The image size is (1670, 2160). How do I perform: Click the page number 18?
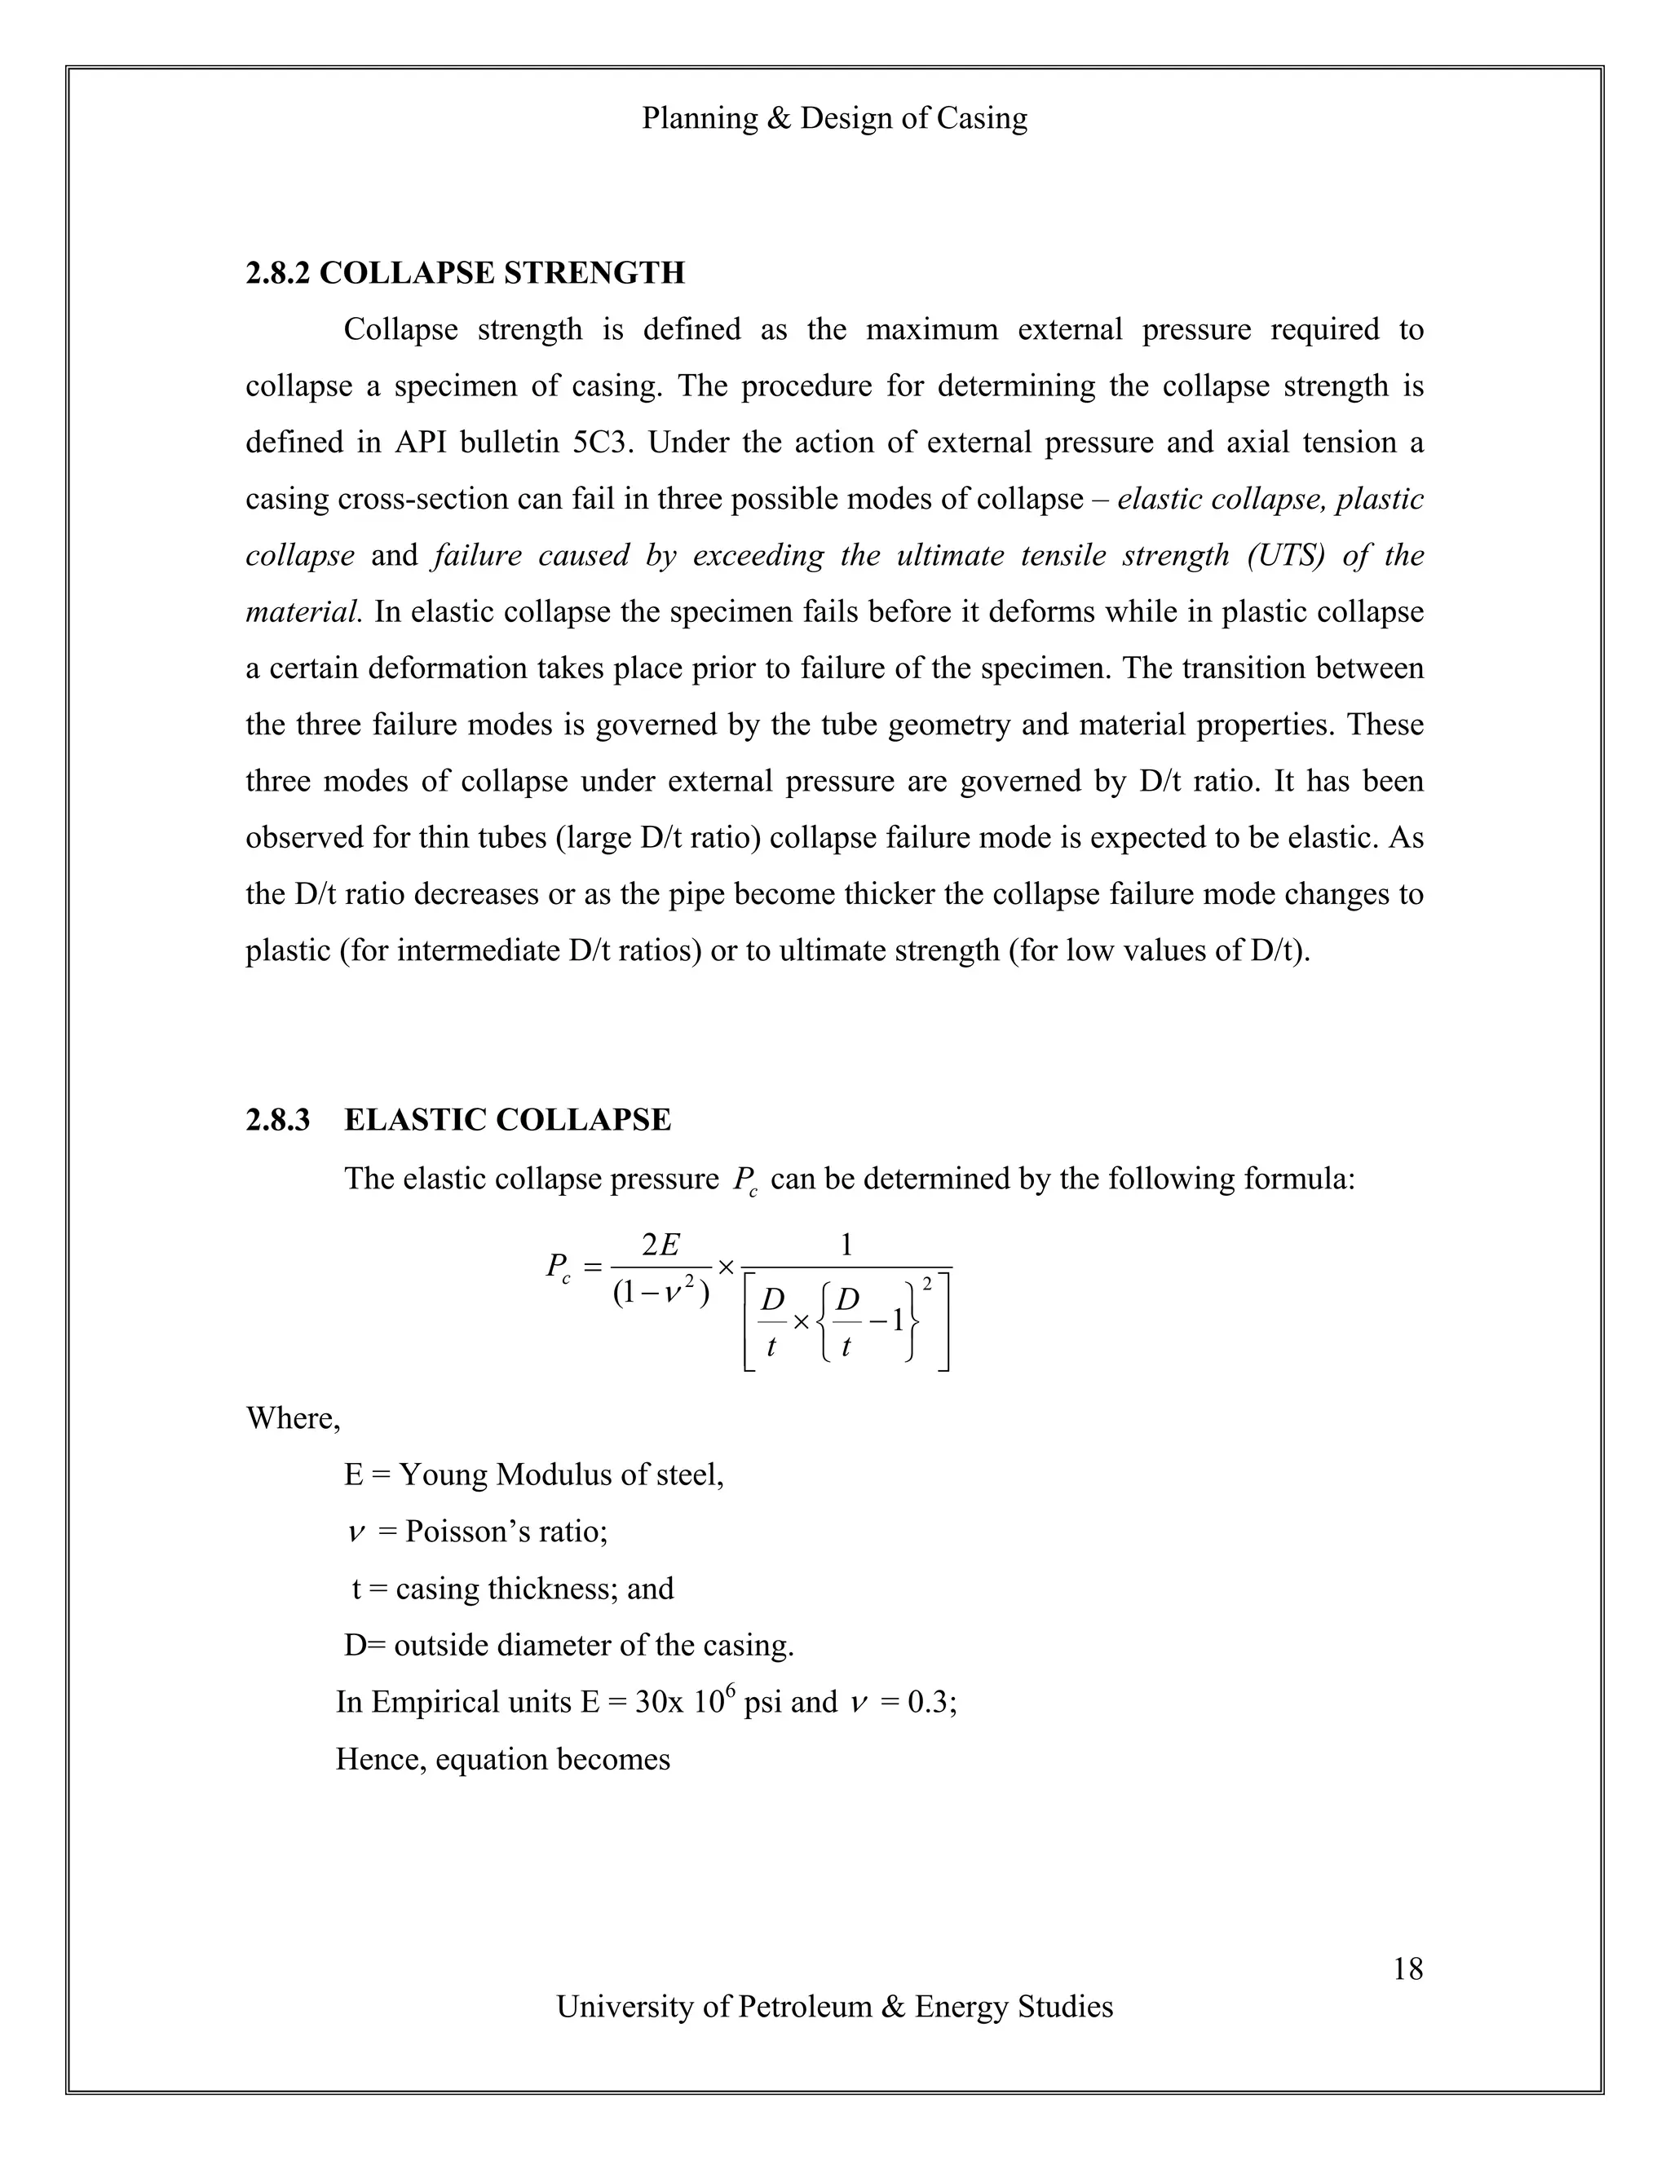1407,1969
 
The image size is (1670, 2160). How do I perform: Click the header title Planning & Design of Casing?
834,119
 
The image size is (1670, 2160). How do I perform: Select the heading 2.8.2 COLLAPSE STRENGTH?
465,273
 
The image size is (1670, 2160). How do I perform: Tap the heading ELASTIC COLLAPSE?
507,1121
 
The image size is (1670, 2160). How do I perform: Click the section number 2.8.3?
277,1121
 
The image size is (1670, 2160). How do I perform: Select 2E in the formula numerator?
660,1245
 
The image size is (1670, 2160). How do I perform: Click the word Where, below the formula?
293,1418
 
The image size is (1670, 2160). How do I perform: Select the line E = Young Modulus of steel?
533,1475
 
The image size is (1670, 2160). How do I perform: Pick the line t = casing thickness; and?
512,1589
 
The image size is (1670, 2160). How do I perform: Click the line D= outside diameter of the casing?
569,1646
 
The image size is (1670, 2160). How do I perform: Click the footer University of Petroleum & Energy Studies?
834,2007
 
